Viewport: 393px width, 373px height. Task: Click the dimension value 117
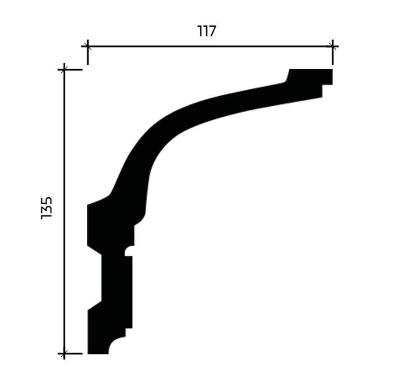point(207,31)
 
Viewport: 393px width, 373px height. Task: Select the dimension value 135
point(47,208)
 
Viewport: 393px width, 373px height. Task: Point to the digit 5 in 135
point(47,201)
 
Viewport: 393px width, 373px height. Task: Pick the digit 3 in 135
point(47,210)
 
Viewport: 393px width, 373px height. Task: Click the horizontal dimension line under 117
point(210,47)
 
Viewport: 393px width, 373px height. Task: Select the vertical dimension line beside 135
point(64,211)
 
